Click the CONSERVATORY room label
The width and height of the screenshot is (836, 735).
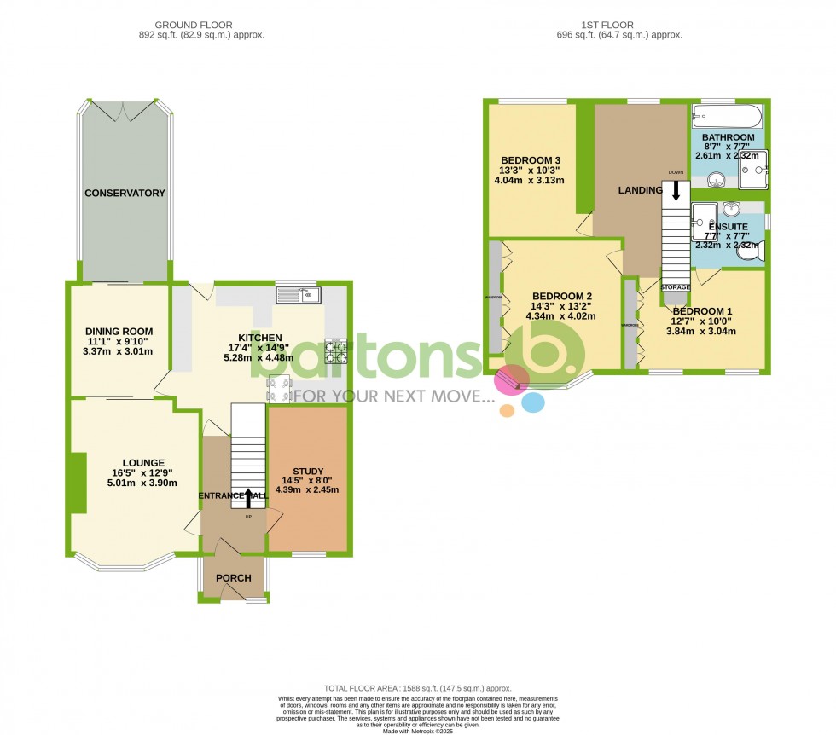(125, 194)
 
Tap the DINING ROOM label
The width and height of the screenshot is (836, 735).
(119, 332)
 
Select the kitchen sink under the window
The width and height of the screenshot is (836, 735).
(298, 295)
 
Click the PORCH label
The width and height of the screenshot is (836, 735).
(233, 578)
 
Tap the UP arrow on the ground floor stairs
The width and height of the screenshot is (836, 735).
(248, 497)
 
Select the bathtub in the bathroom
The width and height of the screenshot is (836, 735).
(726, 115)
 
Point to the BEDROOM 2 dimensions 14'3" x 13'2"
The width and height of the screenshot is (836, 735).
(560, 307)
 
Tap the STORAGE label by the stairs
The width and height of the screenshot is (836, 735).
(675, 288)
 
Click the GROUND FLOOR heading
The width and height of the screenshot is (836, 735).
(201, 26)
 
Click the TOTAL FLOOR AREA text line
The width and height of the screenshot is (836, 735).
(417, 688)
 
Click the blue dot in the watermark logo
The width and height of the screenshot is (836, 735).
(533, 402)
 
